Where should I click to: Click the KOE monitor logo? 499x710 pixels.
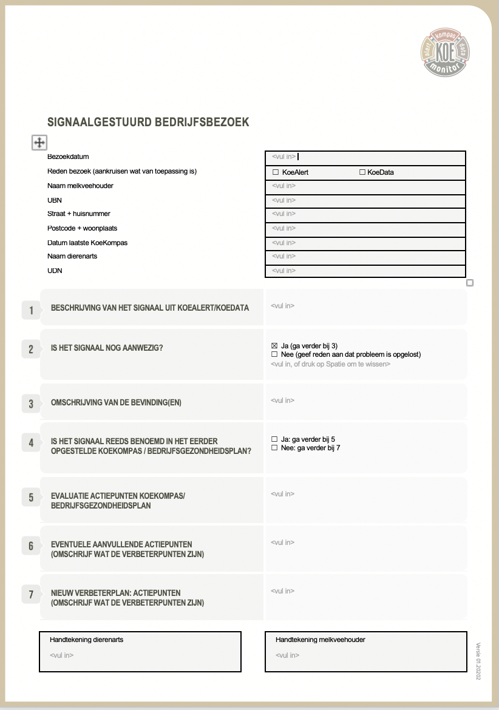tap(446, 53)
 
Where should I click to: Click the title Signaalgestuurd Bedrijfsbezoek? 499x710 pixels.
tap(148, 122)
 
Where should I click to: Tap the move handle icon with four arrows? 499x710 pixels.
tap(39, 143)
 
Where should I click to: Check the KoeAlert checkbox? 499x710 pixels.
tap(276, 172)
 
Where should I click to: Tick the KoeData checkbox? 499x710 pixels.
tap(362, 172)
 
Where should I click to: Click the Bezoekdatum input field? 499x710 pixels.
tap(365, 157)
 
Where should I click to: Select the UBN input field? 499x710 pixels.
tap(365, 200)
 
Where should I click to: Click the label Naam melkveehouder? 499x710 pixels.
tap(80, 186)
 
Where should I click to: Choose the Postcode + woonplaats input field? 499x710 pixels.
tap(365, 228)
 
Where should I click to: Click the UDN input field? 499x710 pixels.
tap(365, 271)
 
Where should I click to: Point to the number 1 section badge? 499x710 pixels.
tap(31, 311)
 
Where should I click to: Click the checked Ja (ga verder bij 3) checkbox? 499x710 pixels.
tap(274, 346)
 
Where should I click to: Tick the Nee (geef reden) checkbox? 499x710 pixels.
tap(274, 354)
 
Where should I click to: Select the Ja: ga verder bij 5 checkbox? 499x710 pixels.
tap(274, 439)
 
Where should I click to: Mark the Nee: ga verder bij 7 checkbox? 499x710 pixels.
tap(274, 448)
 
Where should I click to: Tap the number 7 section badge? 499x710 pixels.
tap(31, 595)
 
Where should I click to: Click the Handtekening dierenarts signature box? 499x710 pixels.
tap(140, 652)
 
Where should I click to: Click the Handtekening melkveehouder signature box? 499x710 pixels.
tap(365, 652)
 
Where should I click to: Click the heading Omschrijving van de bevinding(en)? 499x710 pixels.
tap(116, 402)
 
